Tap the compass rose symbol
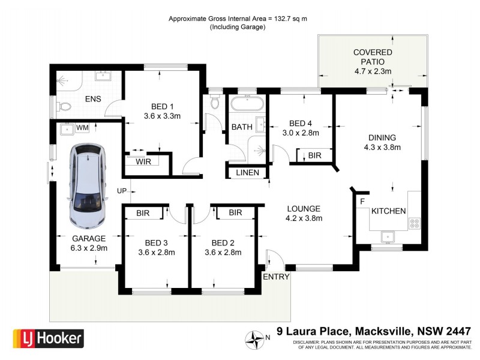pyautogui.click(x=256, y=340)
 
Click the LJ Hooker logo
pyautogui.click(x=48, y=338)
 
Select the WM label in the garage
pyautogui.click(x=83, y=127)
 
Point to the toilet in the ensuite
pyautogui.click(x=64, y=108)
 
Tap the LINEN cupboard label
pyautogui.click(x=247, y=173)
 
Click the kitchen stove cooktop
pyautogui.click(x=415, y=223)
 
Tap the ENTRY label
pyautogui.click(x=276, y=277)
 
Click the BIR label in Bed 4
pyautogui.click(x=314, y=155)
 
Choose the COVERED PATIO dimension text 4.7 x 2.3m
pyautogui.click(x=373, y=71)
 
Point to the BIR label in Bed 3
pyautogui.click(x=143, y=212)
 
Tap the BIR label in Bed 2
pyautogui.click(x=235, y=212)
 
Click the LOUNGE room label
pyautogui.click(x=304, y=208)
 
